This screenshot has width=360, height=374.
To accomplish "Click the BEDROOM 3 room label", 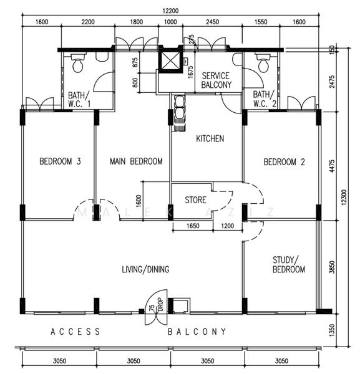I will pos(61,161).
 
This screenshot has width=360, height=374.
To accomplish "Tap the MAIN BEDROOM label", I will pos(136,161).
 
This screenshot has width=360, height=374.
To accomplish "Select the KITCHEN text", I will pos(210,138).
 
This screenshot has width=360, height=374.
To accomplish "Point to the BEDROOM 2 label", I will pos(284,161).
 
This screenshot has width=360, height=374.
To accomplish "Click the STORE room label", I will pos(196,200).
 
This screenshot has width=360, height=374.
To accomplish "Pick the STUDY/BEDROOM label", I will pos(289,264).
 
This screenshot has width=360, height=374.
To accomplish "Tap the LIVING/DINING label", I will pos(145,269).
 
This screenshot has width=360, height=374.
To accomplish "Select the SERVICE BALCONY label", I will pos(216,80).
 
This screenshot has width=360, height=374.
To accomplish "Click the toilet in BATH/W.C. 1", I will pos(77,64).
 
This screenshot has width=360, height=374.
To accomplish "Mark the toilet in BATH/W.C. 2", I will pos(262,64).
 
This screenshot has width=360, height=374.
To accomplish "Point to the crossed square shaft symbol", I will pos(170,61).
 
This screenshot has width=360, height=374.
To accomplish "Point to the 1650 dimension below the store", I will pos(192,226).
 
